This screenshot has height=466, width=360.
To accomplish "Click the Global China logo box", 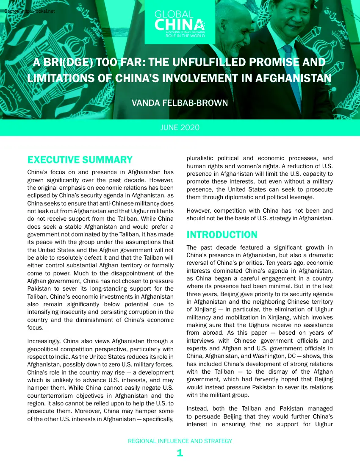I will [180, 22].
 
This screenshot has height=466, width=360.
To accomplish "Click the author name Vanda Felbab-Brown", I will [180, 103].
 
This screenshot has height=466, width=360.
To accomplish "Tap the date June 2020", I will [180, 128].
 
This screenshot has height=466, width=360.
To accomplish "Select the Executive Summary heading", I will [80, 160].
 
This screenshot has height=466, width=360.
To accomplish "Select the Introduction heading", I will [222, 235].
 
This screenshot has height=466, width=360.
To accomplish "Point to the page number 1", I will [180, 453].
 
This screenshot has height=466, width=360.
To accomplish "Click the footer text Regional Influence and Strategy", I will [180, 441].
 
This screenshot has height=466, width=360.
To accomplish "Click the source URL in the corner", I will [24, 11].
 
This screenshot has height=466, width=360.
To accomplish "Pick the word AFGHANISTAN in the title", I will [289, 79].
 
